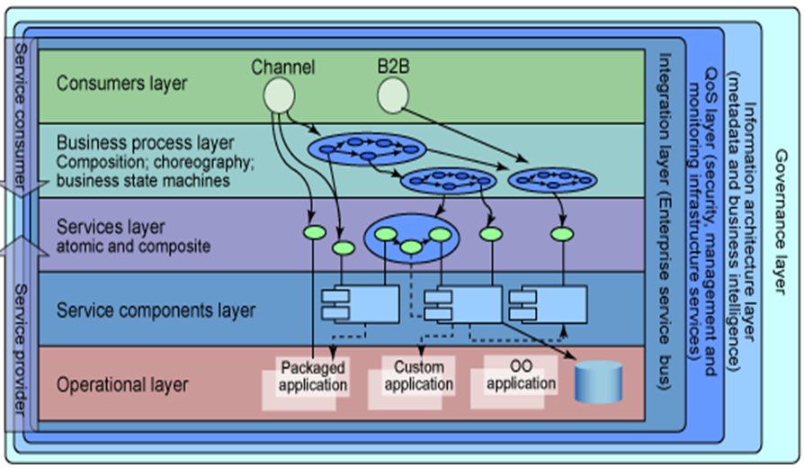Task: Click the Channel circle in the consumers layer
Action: tap(280, 96)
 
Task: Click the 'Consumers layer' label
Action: tap(121, 84)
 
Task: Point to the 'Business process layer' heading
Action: tap(145, 142)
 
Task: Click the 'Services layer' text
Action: tap(111, 228)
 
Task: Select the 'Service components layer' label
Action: tap(156, 311)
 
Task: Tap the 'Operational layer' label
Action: tap(121, 385)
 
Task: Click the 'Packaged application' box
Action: tap(312, 377)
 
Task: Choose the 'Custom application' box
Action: tap(418, 376)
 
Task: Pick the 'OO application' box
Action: tap(520, 375)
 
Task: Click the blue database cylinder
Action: tap(598, 382)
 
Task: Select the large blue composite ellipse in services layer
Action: tap(412, 238)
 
